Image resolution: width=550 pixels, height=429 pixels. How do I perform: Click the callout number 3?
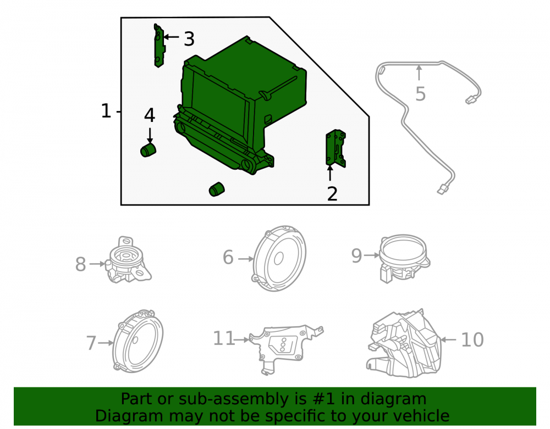tap(189, 39)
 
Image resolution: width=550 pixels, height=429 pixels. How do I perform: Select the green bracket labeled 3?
tap(159, 46)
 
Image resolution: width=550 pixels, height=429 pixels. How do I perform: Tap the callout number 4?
tap(150, 115)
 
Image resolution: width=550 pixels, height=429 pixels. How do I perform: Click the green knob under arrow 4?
tap(148, 150)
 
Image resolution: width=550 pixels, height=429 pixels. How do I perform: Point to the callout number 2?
tap(332, 194)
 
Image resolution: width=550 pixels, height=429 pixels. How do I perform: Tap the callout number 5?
tap(420, 94)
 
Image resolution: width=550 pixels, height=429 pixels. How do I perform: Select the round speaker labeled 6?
tap(279, 258)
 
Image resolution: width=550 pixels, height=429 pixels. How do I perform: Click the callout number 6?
tap(228, 258)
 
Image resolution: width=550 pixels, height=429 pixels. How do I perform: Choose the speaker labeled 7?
tap(138, 341)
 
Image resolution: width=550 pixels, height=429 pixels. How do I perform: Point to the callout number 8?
tap(80, 264)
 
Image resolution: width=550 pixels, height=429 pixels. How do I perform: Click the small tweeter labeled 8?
tap(128, 260)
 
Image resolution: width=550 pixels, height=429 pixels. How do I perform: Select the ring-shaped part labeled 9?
tap(404, 258)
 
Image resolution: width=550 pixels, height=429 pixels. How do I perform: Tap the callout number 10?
tap(472, 340)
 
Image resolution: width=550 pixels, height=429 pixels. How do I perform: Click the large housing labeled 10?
tap(403, 343)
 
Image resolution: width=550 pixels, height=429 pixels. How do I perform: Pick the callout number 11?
tap(224, 339)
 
